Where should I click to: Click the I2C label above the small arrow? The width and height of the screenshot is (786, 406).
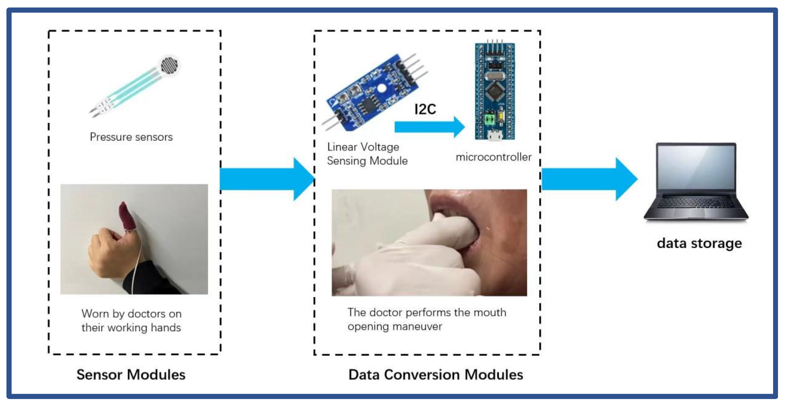click(x=425, y=109)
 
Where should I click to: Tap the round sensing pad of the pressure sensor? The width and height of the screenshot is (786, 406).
click(x=169, y=65)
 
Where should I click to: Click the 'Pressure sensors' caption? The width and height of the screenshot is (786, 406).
click(x=131, y=137)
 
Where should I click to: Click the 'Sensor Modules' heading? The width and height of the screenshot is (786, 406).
click(x=131, y=374)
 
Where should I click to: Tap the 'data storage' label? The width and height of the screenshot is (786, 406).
click(x=699, y=244)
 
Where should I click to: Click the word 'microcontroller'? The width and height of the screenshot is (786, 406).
click(x=493, y=157)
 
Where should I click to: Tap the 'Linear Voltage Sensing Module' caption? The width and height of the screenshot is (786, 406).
click(x=367, y=154)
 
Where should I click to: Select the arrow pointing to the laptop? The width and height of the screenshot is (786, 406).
click(x=589, y=179)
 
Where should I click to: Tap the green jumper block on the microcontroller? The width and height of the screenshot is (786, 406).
click(x=489, y=119)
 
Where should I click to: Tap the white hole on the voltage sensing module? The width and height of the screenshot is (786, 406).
click(x=381, y=89)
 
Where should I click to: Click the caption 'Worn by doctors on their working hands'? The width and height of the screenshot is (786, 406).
click(x=131, y=321)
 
